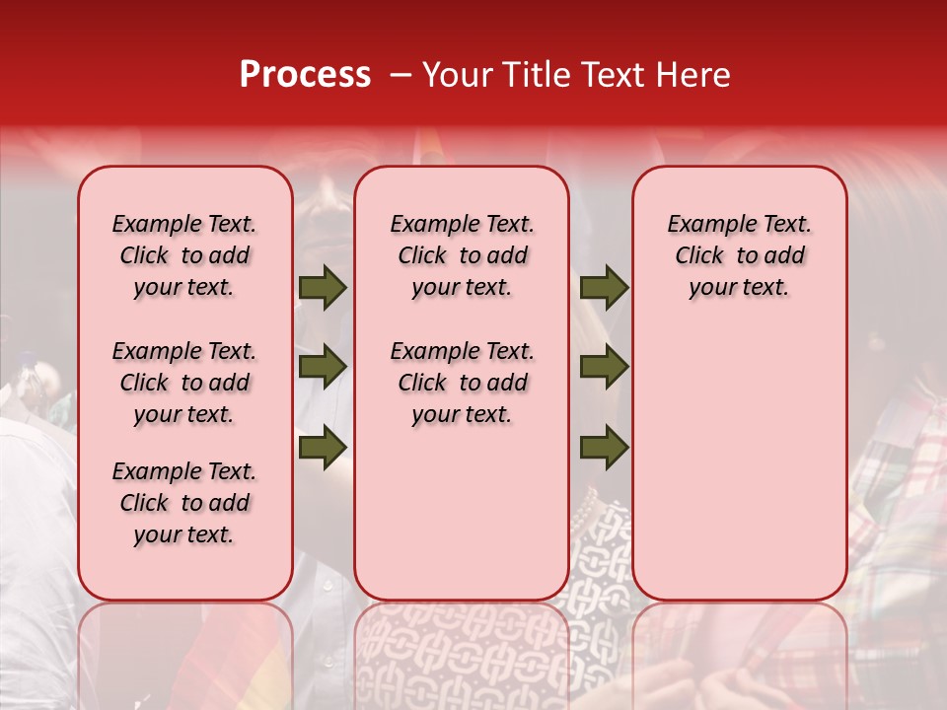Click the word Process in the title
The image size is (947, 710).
click(x=305, y=75)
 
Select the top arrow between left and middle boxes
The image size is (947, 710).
click(x=323, y=288)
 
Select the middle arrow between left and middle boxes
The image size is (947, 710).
click(x=323, y=367)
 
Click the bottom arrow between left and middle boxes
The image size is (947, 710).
click(x=323, y=448)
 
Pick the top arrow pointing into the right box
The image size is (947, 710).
click(x=604, y=288)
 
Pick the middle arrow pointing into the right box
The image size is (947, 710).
click(x=604, y=367)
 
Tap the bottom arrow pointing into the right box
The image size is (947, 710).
click(x=604, y=448)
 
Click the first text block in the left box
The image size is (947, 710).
click(x=184, y=255)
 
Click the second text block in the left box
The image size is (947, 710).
click(x=184, y=383)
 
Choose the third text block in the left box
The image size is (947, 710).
click(x=184, y=503)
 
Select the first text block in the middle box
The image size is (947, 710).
click(x=462, y=255)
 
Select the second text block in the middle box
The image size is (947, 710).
click(x=462, y=383)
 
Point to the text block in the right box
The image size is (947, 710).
click(x=739, y=255)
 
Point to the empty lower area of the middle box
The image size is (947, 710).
click(x=462, y=513)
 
